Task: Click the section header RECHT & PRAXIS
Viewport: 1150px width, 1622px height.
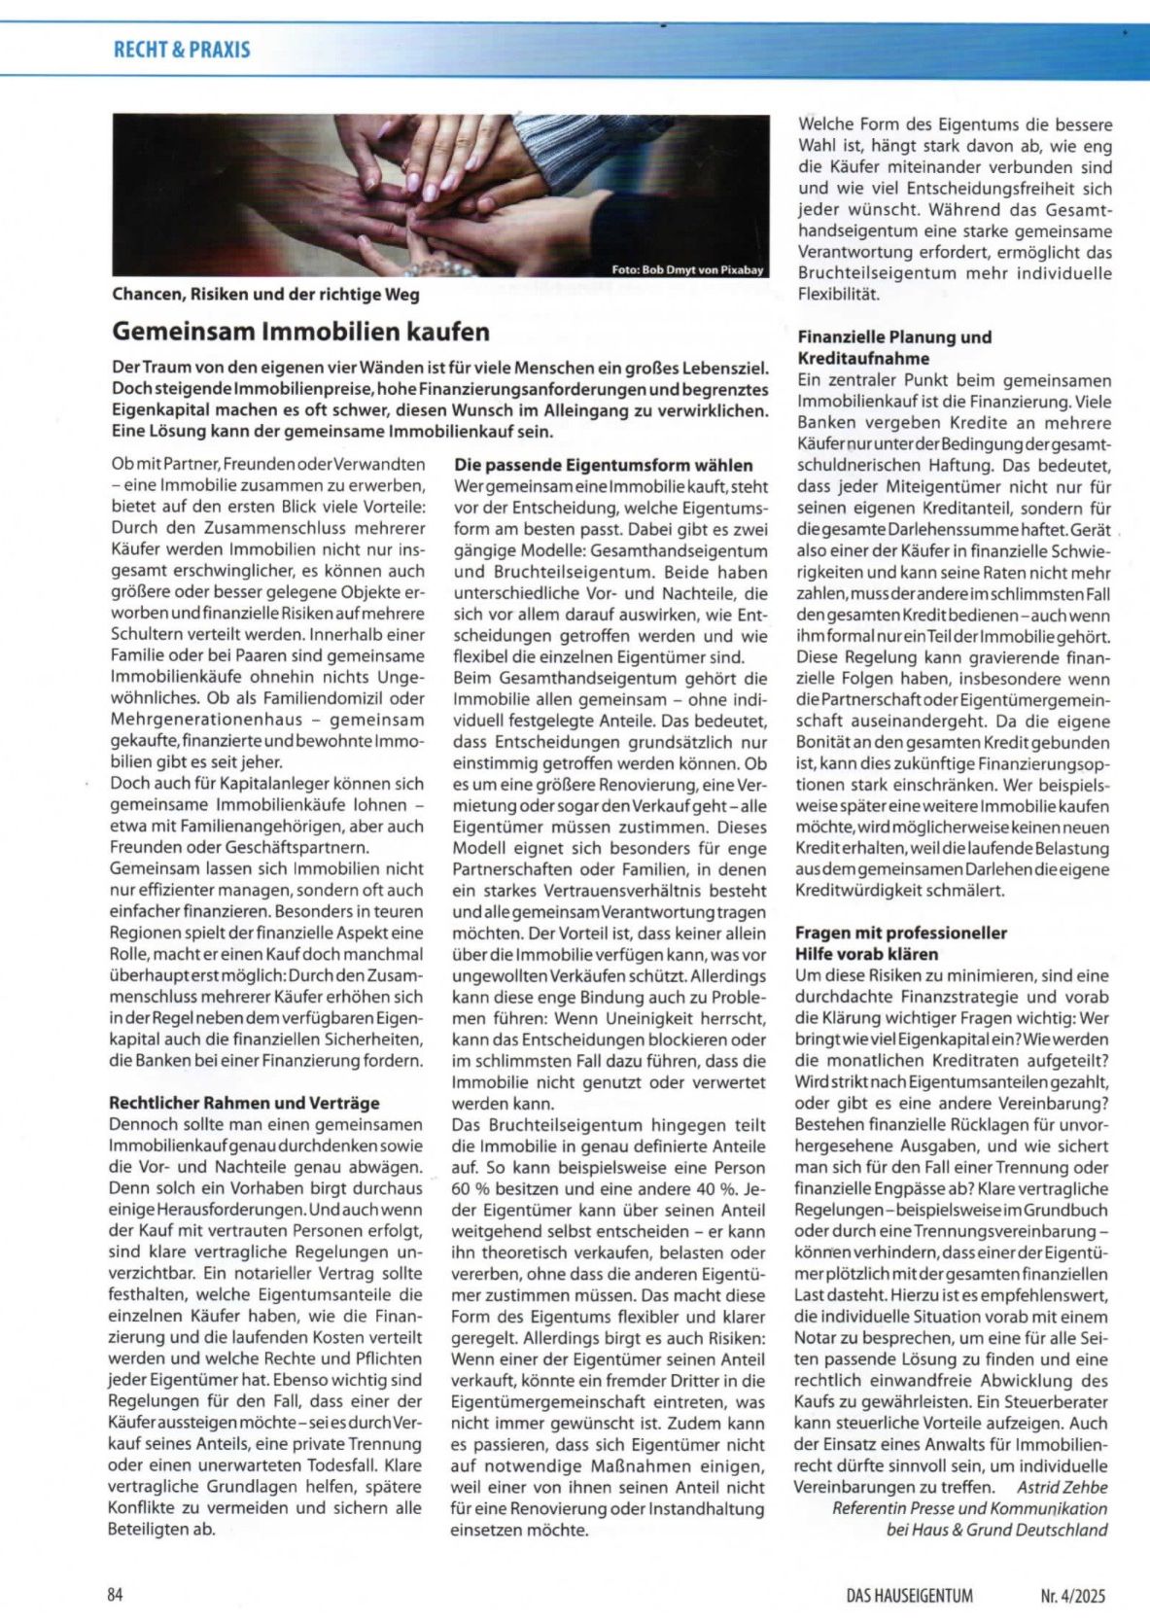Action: (182, 50)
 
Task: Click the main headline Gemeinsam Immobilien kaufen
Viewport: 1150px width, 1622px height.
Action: (301, 332)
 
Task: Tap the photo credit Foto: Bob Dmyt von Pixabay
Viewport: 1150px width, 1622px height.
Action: (687, 269)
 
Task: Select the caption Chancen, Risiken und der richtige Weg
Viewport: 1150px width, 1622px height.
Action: (266, 294)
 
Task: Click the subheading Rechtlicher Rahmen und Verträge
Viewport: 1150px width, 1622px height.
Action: (244, 1103)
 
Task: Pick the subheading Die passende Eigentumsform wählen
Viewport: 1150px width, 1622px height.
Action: (604, 465)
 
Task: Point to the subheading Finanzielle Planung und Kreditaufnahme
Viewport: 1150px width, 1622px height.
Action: (894, 347)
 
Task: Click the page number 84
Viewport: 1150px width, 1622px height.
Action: (116, 1594)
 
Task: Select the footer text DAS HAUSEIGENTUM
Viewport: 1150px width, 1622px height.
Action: (909, 1595)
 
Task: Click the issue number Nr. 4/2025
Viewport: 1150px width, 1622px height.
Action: (1072, 1595)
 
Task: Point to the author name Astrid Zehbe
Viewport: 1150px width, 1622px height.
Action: (1062, 1487)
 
